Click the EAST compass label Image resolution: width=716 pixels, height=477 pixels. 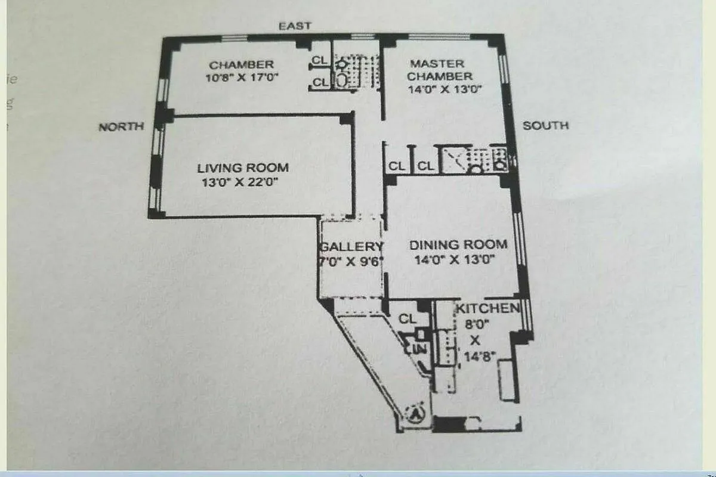point(295,26)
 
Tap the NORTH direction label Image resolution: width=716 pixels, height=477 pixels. point(121,126)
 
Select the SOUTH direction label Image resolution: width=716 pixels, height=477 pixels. point(545,125)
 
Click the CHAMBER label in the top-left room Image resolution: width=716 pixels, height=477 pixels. point(241,64)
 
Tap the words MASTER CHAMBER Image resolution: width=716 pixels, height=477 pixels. point(440,70)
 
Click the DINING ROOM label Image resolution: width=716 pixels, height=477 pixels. point(458,244)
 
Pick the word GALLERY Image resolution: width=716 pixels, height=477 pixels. point(351,247)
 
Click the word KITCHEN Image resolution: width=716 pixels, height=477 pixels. point(487,308)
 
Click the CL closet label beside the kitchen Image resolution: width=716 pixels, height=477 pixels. point(408,319)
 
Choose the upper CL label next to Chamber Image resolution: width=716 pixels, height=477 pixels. point(320,60)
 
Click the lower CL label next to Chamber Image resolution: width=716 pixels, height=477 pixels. point(320,82)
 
